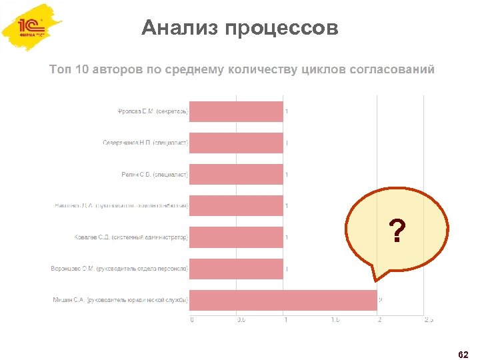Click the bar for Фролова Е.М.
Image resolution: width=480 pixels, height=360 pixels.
click(x=236, y=111)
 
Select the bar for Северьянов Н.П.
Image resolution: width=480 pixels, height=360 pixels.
click(x=236, y=143)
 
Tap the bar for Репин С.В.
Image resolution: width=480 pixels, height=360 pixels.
click(x=236, y=174)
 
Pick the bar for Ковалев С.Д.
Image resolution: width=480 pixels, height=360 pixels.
click(x=236, y=237)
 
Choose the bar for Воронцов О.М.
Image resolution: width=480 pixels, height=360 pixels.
click(x=236, y=268)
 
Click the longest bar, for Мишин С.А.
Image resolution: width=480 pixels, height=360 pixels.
click(x=283, y=300)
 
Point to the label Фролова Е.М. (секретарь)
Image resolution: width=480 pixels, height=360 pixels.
click(x=153, y=111)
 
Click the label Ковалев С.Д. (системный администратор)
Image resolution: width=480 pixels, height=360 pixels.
click(x=131, y=237)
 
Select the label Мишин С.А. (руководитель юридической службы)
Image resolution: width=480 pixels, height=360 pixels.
click(x=121, y=300)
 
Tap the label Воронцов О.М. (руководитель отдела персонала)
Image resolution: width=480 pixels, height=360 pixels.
click(x=120, y=269)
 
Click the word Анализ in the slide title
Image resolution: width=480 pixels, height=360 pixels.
click(x=180, y=29)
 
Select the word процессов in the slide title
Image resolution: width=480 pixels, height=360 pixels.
click(x=281, y=29)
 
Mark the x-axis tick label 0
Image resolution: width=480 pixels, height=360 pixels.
click(x=192, y=320)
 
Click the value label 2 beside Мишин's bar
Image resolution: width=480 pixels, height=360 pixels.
click(x=380, y=300)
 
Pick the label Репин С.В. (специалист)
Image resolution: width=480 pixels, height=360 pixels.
click(x=155, y=174)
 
